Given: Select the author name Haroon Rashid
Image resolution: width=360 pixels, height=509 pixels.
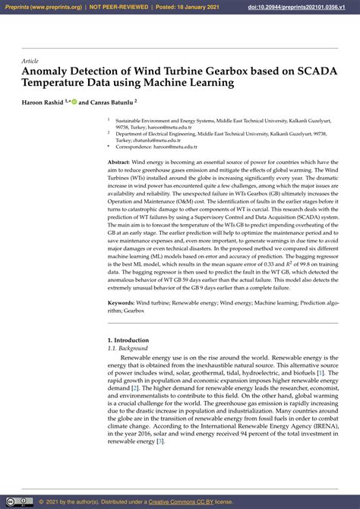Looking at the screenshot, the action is (43, 101).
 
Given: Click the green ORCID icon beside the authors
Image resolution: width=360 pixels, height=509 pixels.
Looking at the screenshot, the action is (74, 101).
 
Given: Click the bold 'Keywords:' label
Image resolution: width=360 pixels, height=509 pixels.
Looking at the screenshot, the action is (122, 302).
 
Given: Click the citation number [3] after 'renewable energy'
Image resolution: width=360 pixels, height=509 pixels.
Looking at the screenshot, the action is (160, 441).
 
